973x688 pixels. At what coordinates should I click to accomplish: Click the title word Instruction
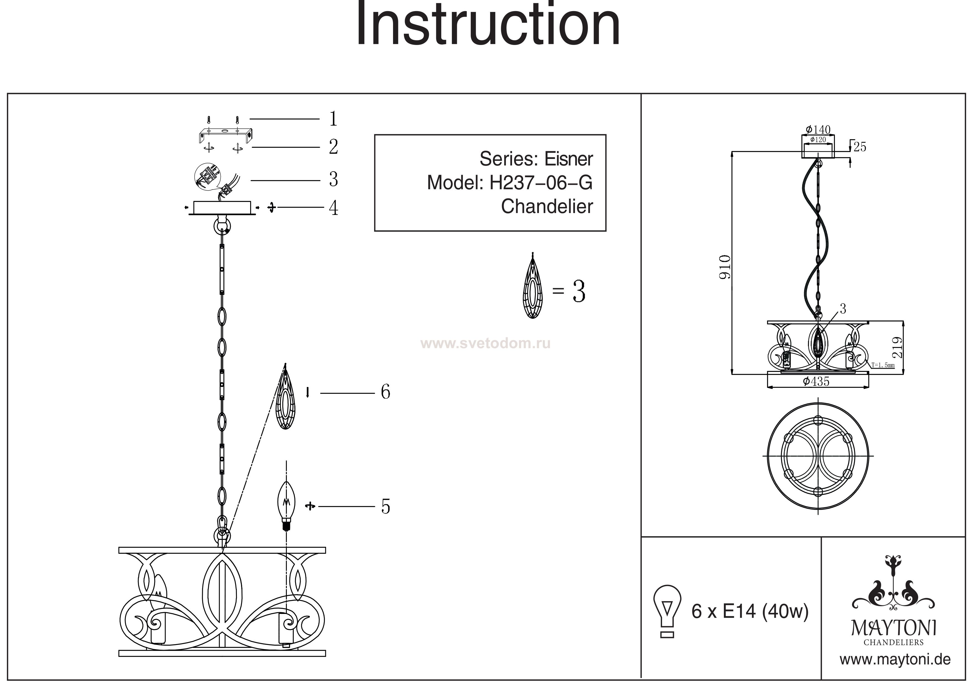point(488,25)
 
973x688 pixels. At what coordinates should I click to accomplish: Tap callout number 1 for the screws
point(333,119)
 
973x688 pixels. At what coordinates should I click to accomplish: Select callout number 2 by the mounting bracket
point(333,147)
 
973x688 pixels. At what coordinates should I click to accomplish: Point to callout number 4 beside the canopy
point(333,208)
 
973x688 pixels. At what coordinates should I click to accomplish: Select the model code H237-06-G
point(541,183)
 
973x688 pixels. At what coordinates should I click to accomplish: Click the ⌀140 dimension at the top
point(817,129)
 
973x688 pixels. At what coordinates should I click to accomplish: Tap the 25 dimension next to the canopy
point(860,147)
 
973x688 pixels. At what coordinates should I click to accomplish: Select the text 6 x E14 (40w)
point(750,612)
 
